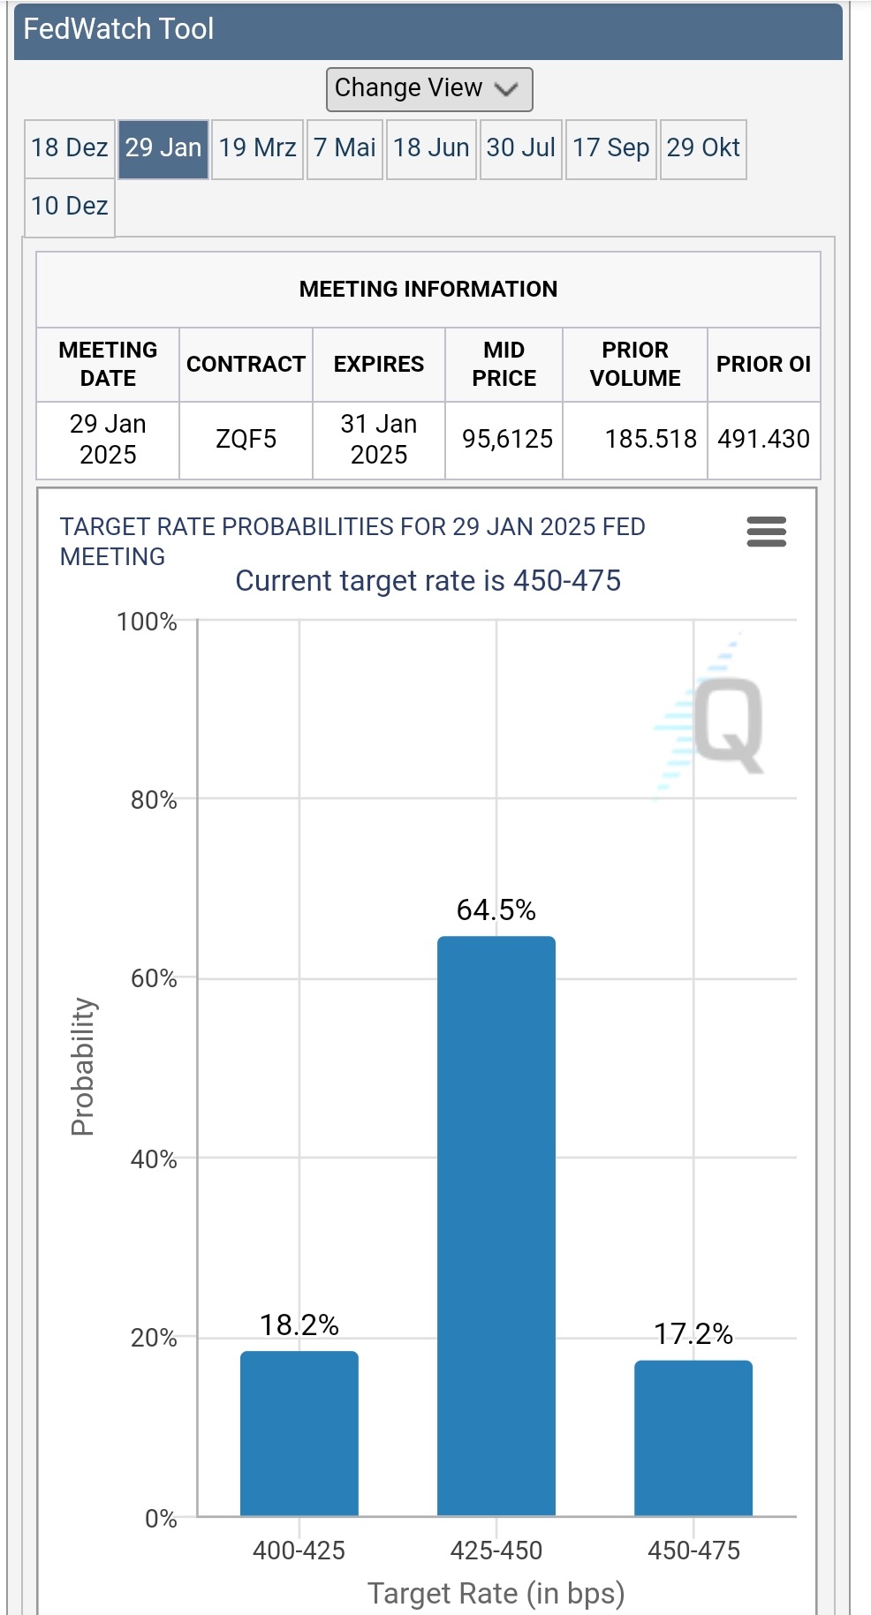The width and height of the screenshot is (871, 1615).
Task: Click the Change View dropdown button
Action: point(428,89)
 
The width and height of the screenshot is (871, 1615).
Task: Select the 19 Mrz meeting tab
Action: point(257,148)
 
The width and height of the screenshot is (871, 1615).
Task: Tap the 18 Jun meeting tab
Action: point(431,148)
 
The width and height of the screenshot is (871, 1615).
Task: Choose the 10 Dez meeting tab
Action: point(70,207)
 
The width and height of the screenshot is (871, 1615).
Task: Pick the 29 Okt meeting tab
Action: point(703,148)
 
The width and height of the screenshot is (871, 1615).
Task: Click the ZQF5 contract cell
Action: point(246,440)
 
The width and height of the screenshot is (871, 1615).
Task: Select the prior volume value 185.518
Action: point(650,440)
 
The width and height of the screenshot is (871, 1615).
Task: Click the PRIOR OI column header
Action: point(763,365)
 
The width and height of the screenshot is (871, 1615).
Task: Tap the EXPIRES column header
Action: point(378,365)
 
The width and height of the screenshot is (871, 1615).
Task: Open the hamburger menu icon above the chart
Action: point(766,532)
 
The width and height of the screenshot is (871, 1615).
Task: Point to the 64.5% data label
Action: point(496,910)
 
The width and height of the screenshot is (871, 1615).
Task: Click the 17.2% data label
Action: point(693,1334)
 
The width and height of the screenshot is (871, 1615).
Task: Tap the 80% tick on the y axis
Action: point(154,801)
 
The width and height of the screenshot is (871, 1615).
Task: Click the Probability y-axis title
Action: point(82,1067)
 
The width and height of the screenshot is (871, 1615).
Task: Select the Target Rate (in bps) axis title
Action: point(496,1593)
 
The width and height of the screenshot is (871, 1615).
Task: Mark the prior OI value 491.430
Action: point(763,440)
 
